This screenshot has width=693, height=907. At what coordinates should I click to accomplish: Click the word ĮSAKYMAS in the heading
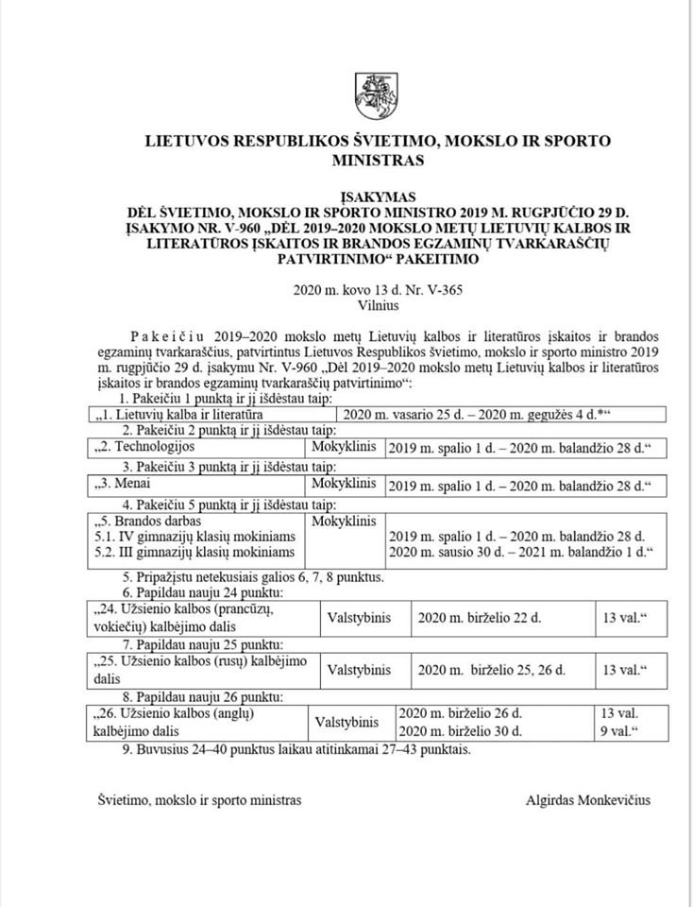[x=378, y=196]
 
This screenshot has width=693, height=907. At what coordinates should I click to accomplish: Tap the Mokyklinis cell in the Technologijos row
[x=345, y=444]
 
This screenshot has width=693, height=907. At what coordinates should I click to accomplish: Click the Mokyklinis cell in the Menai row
[x=345, y=485]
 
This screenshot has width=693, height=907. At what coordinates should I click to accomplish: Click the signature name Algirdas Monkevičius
[x=587, y=799]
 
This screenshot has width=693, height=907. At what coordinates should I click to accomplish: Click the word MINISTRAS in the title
[x=378, y=160]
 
